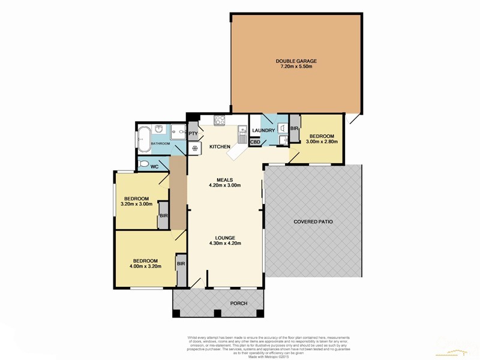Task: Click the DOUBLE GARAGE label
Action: click(x=296, y=61)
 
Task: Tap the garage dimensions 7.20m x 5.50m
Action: click(x=296, y=67)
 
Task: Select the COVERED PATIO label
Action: click(x=313, y=221)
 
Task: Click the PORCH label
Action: click(x=239, y=303)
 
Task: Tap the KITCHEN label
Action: click(x=220, y=146)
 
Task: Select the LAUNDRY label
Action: click(x=263, y=131)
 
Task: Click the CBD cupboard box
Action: click(x=254, y=142)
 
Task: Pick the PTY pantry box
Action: click(x=194, y=134)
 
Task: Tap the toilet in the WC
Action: click(x=143, y=164)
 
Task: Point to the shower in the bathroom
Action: click(x=178, y=132)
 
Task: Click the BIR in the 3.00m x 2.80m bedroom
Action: click(x=295, y=128)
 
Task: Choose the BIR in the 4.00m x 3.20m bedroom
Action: click(x=181, y=264)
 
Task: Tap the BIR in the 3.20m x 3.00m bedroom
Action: click(x=163, y=214)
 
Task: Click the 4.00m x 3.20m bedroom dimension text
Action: click(x=145, y=267)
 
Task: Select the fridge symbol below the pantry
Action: click(x=194, y=148)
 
